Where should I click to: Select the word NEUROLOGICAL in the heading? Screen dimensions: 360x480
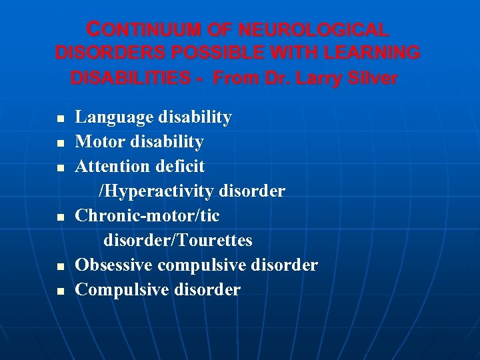click(x=313, y=30)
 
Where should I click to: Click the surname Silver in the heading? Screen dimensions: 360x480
click(x=374, y=78)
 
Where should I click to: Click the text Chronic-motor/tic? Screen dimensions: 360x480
click(x=147, y=216)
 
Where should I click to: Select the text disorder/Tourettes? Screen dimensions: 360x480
click(x=177, y=240)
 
